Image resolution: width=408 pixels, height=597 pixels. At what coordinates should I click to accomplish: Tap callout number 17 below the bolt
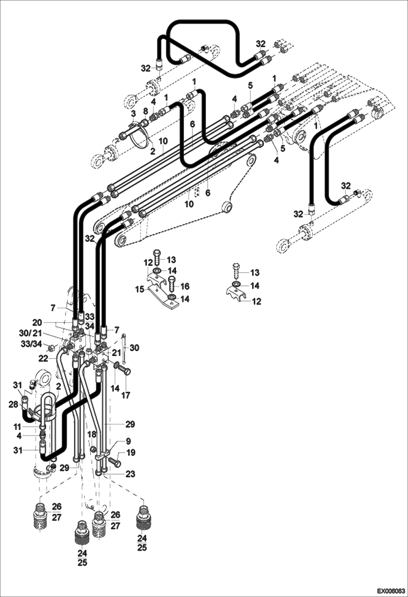[126, 395]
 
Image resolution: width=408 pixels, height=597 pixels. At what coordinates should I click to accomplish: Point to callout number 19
[131, 453]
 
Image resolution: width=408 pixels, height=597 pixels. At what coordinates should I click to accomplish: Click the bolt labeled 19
[114, 462]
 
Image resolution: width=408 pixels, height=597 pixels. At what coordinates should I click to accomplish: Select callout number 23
[130, 474]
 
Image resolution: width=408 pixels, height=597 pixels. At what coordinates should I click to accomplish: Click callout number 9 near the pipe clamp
[128, 441]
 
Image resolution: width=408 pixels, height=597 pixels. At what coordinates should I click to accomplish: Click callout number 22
[43, 359]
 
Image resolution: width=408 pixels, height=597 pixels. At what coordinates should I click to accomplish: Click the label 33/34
[32, 344]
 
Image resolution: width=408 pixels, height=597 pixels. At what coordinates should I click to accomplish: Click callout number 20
[37, 323]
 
